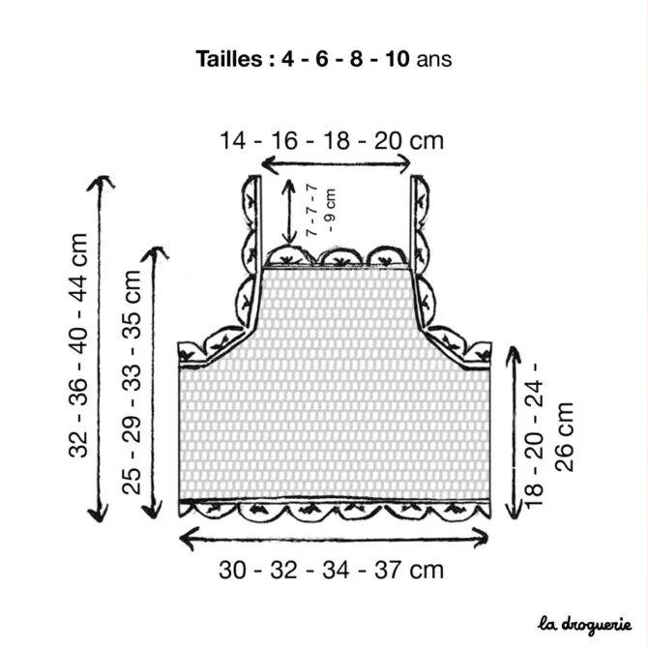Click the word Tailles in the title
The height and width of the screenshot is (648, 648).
click(228, 59)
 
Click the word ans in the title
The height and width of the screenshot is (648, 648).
click(434, 60)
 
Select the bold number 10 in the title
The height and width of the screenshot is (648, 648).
click(398, 59)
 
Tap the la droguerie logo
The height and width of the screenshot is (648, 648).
click(585, 624)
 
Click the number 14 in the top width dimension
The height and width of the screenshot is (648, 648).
click(233, 140)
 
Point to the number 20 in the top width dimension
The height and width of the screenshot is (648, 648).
click(388, 140)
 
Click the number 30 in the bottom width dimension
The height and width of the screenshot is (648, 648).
click(232, 570)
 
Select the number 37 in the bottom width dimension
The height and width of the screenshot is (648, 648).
click(388, 570)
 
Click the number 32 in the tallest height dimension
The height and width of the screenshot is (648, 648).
click(78, 443)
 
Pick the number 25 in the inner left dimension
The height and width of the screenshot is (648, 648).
click(132, 481)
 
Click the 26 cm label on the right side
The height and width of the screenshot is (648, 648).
click(565, 437)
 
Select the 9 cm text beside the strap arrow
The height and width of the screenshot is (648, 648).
click(331, 210)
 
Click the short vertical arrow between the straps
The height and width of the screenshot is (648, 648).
click(289, 212)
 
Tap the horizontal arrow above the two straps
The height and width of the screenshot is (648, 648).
click(336, 165)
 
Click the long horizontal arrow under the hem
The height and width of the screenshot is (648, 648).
click(334, 539)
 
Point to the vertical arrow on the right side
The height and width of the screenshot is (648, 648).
click(514, 432)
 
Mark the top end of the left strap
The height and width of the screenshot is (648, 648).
click(253, 177)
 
